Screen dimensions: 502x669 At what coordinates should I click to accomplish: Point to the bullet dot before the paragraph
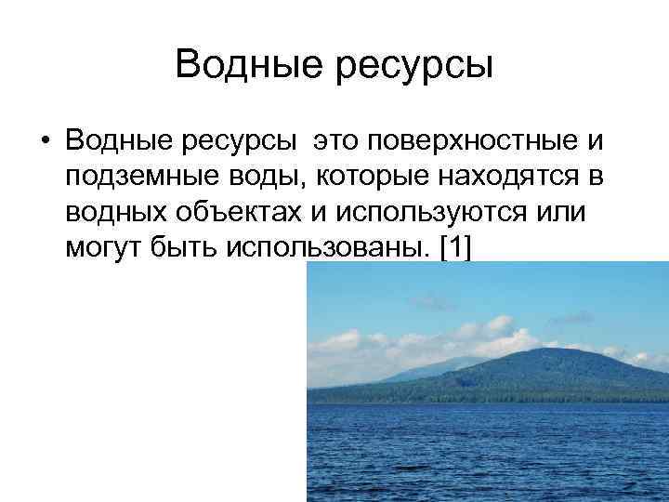[x=44, y=141]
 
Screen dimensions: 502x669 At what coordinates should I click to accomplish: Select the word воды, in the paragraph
[x=243, y=176]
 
